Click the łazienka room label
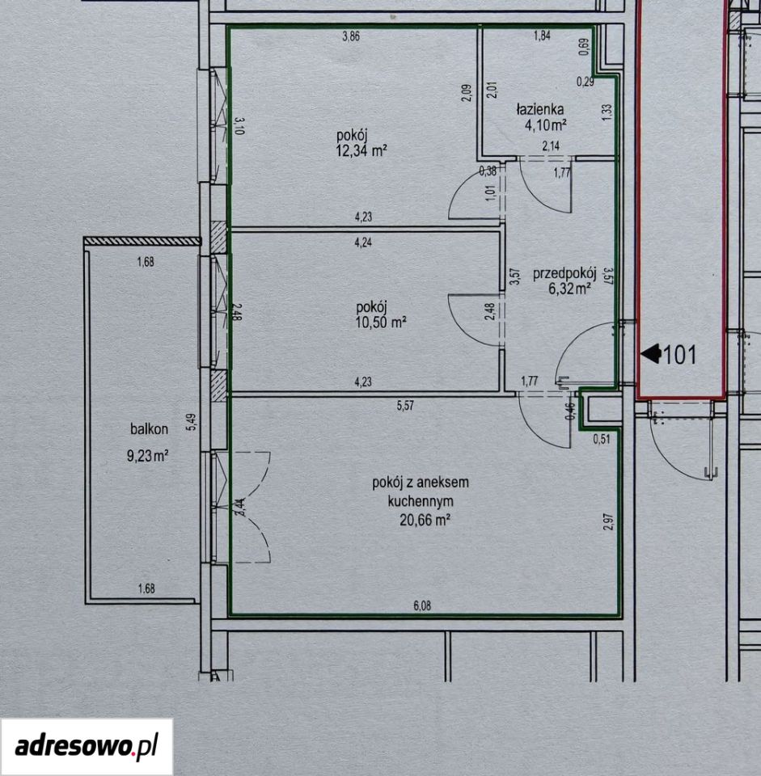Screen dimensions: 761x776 click(539, 109)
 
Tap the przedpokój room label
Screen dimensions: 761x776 click(564, 274)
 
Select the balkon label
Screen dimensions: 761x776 click(149, 429)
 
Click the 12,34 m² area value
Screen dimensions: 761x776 click(361, 151)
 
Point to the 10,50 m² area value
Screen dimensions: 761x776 click(381, 323)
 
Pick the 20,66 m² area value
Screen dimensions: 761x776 click(425, 520)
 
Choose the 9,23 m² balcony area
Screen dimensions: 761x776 click(148, 455)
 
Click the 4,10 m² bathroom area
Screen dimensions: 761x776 click(546, 125)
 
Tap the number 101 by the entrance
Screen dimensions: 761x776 click(680, 355)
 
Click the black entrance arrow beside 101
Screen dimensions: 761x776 click(651, 354)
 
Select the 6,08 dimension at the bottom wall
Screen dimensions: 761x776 click(422, 605)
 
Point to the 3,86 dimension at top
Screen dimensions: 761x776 click(351, 36)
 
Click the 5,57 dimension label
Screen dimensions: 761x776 click(405, 406)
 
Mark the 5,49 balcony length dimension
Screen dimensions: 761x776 click(191, 422)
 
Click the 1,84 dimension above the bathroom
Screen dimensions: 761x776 click(542, 36)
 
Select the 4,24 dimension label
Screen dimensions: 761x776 click(363, 242)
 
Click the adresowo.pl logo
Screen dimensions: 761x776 click(87, 746)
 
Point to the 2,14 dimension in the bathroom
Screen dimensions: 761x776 click(551, 146)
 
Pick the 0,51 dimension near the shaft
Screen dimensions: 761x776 click(602, 438)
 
